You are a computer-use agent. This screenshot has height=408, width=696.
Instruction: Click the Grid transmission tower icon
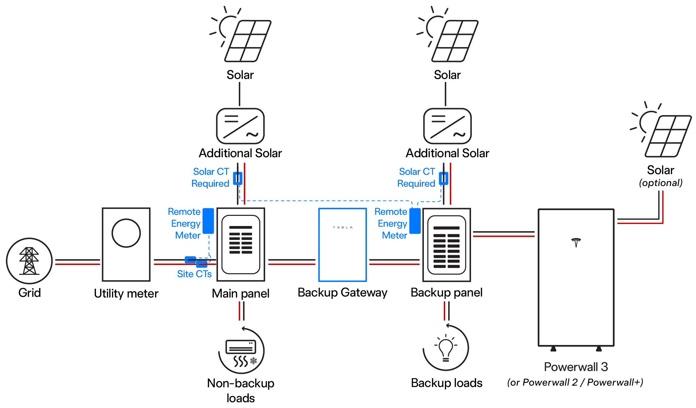click(x=29, y=261)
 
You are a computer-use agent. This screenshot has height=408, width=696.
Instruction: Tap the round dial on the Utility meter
click(x=126, y=233)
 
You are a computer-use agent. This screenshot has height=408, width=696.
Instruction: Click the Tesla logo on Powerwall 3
click(x=576, y=242)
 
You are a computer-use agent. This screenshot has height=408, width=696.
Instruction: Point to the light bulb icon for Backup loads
click(x=446, y=349)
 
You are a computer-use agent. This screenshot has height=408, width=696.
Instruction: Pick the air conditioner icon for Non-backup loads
click(x=241, y=352)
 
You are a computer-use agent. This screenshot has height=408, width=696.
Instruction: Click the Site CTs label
click(x=194, y=274)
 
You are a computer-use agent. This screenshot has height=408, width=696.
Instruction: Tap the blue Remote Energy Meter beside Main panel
click(x=208, y=221)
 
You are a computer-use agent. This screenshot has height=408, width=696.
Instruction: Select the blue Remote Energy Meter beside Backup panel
click(x=415, y=221)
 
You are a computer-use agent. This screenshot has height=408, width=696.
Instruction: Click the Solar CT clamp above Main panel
click(x=238, y=178)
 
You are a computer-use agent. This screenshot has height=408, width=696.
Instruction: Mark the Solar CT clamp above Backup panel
click(x=444, y=178)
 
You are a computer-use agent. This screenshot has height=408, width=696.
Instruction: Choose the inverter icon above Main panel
click(x=240, y=126)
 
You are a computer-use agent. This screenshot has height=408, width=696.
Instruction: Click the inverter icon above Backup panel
click(x=447, y=126)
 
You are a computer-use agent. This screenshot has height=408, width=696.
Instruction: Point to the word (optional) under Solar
click(x=660, y=183)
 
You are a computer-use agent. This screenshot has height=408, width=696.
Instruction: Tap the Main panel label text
click(x=240, y=293)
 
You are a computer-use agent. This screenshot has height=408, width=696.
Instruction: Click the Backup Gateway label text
click(x=342, y=292)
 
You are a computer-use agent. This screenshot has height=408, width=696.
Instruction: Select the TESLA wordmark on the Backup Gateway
click(x=342, y=227)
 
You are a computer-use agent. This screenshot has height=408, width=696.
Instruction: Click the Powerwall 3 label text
click(x=576, y=367)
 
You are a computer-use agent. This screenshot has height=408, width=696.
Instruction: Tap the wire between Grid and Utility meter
click(x=77, y=262)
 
